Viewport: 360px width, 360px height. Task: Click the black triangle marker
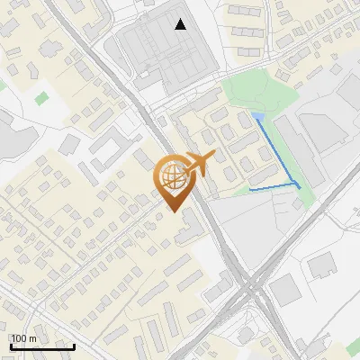[182, 24]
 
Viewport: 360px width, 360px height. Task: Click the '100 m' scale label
[23, 338]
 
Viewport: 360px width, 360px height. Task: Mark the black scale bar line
[42, 346]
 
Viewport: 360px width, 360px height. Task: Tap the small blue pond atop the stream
[259, 118]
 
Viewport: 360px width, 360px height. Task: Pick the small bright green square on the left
[42, 95]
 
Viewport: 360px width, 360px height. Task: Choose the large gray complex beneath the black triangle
[171, 58]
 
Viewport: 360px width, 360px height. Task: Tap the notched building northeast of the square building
[322, 265]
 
